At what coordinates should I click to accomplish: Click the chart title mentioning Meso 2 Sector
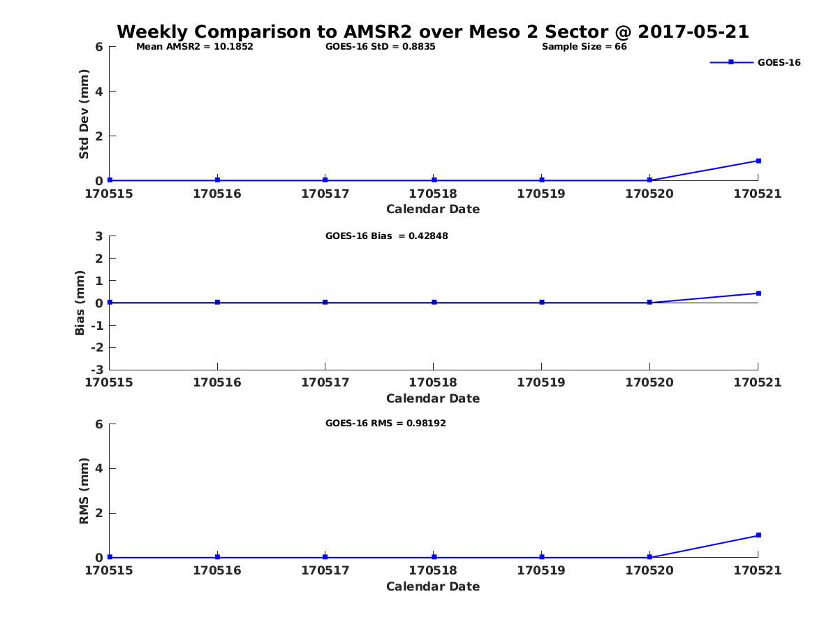(x=433, y=31)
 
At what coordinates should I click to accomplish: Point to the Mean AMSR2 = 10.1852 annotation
(x=194, y=47)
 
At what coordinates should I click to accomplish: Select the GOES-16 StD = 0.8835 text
(x=381, y=47)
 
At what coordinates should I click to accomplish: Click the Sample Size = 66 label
(x=584, y=47)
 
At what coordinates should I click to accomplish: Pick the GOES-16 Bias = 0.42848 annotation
(x=386, y=236)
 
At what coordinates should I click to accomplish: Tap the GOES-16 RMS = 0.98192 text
(x=385, y=423)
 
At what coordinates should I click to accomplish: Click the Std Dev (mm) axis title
(x=84, y=114)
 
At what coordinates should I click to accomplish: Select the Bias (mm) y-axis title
(x=80, y=303)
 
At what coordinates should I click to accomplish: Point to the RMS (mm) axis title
(x=84, y=491)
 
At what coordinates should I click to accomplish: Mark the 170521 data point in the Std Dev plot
(x=758, y=161)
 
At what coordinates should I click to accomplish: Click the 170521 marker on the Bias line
(x=758, y=294)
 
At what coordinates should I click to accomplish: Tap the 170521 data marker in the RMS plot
(x=758, y=535)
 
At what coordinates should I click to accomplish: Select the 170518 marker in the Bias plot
(x=434, y=303)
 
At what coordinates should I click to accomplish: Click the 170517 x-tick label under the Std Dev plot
(x=325, y=194)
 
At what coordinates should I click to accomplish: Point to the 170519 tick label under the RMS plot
(x=541, y=570)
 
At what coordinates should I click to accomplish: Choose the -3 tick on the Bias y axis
(x=99, y=370)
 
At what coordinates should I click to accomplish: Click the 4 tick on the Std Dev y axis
(x=99, y=92)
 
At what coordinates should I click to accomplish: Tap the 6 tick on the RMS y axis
(x=99, y=424)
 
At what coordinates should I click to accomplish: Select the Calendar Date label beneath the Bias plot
(x=433, y=398)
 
